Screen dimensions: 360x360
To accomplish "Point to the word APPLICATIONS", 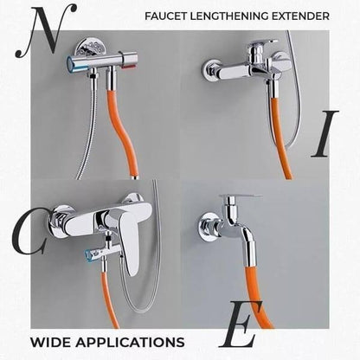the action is [x=130, y=342].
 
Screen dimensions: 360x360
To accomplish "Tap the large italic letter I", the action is [x=325, y=133].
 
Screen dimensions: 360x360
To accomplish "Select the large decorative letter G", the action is [x=29, y=232].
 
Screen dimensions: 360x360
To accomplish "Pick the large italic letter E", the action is [x=241, y=324].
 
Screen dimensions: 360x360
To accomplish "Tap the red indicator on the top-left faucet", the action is [x=129, y=67].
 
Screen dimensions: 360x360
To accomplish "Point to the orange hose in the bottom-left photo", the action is [x=109, y=300].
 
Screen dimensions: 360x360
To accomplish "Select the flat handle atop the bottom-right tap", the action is [x=240, y=196].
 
